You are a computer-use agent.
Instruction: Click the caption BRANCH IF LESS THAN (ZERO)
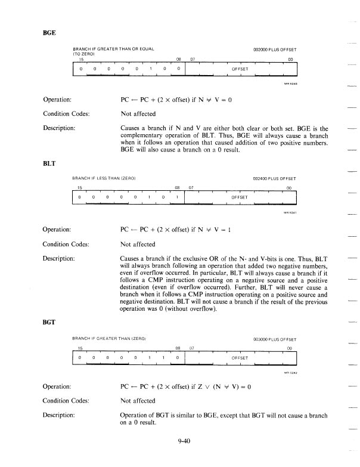[x=104, y=178]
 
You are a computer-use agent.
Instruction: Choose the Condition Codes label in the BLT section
[x=69, y=243]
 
